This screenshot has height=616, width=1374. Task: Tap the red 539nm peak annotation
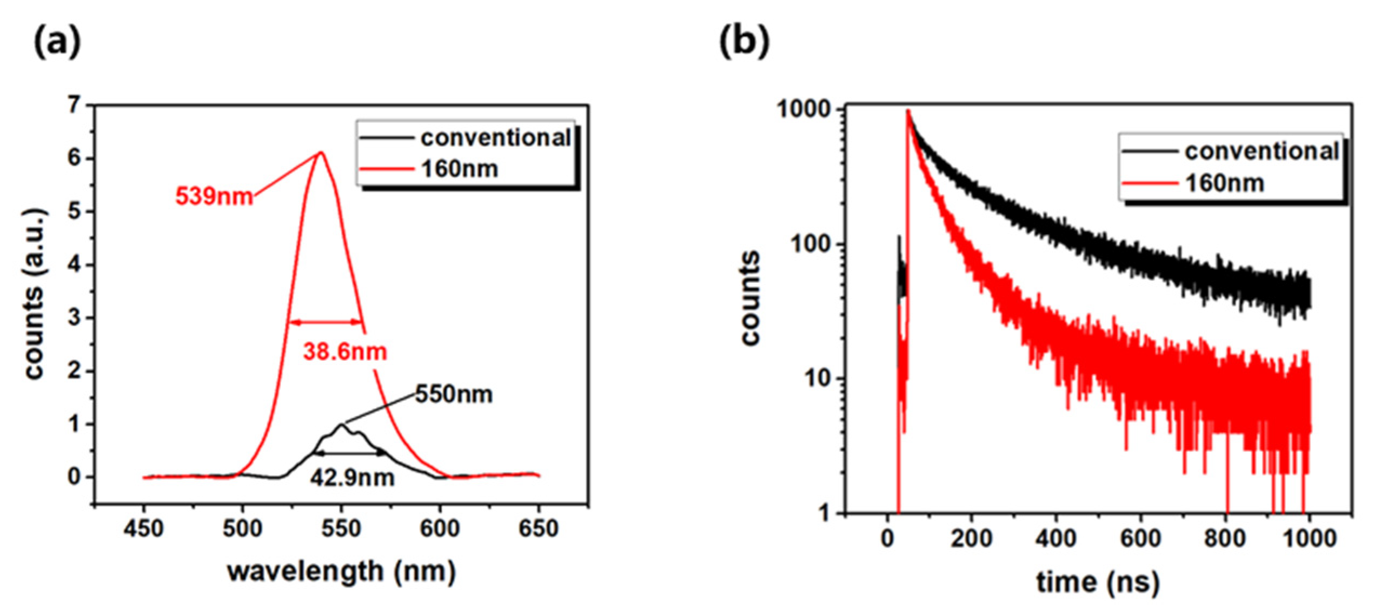[x=214, y=196]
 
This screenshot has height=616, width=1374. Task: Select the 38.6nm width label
[x=345, y=352]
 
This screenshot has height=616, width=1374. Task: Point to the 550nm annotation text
[x=454, y=394]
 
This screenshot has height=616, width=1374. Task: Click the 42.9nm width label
[x=352, y=478]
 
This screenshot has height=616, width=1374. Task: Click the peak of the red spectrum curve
[x=321, y=153]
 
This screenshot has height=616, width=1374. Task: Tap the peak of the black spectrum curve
[x=341, y=425]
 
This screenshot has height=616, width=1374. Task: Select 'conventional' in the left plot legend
[x=495, y=138]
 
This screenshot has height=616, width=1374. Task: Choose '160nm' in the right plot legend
[x=1224, y=184]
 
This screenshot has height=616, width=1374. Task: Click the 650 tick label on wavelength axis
[x=538, y=528]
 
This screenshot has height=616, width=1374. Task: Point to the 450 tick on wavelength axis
[x=143, y=528]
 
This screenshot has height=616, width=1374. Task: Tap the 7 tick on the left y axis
[x=74, y=105]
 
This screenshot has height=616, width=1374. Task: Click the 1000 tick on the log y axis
[x=803, y=110]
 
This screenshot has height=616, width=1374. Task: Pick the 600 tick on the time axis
[x=1141, y=539]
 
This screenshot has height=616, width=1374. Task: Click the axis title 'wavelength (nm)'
[x=341, y=572]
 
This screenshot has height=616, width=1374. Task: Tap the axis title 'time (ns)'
[x=1098, y=582]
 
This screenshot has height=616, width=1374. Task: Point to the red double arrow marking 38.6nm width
[x=326, y=322]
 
